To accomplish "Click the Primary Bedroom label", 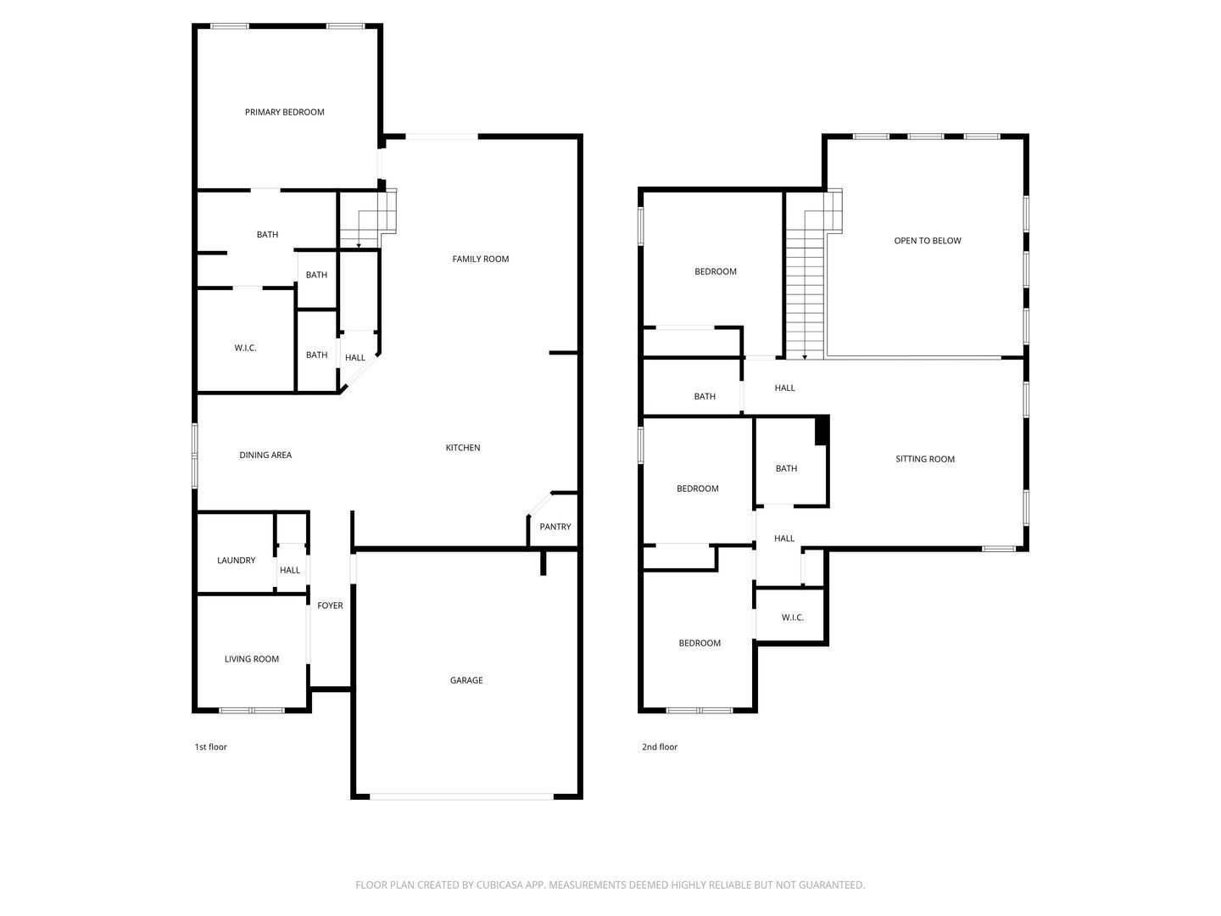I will click(284, 112).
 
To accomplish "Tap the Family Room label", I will click(480, 259).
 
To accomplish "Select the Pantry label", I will click(555, 527).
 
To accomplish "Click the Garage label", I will click(466, 680).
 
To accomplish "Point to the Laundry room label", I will click(236, 561).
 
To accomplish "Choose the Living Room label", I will click(251, 659).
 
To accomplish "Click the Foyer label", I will click(330, 606).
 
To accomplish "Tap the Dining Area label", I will click(265, 455).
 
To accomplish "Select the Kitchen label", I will click(463, 448).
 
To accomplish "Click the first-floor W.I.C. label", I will click(245, 349).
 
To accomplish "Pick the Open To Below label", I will click(928, 241).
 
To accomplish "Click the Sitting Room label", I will click(925, 460).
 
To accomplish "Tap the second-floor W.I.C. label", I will click(792, 617).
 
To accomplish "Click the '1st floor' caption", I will click(211, 747).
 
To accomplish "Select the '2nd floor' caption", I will click(660, 747).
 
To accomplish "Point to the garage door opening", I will click(462, 796).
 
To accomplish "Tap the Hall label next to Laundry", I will click(290, 570).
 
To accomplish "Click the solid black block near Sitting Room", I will click(821, 429).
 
